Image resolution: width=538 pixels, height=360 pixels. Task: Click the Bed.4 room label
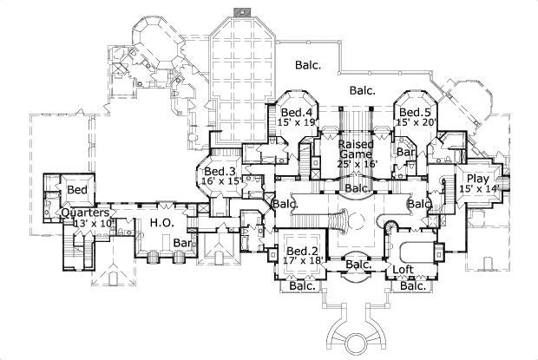coord(296,113)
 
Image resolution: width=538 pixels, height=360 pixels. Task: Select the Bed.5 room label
coord(413,113)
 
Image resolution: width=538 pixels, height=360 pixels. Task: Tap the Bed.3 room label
coord(220,171)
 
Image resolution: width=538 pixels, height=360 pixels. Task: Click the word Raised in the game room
coord(356,143)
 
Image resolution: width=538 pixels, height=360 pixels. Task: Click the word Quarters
coord(84,213)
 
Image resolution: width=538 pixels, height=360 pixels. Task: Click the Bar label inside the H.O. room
coord(181,243)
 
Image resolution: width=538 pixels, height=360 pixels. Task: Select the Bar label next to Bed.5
coord(404,152)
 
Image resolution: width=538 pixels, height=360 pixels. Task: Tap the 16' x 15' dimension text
coord(220,182)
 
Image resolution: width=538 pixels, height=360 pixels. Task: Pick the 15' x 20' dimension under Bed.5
coord(415,123)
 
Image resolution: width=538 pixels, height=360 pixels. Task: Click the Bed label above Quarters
coord(76,189)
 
